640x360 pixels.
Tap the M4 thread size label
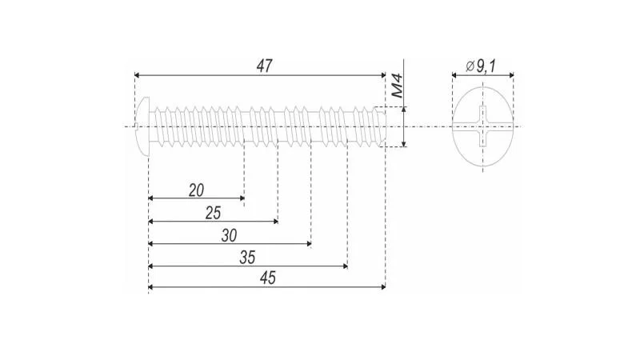click(396, 86)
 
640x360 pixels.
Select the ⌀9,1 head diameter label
click(481, 66)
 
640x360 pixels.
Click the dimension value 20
click(196, 190)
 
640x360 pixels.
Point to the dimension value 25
click(213, 213)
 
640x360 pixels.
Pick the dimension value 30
click(230, 235)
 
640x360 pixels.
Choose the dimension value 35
click(247, 258)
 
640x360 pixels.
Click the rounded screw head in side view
click(142, 126)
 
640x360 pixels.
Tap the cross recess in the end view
click(482, 126)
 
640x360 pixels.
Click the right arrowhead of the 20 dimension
click(242, 198)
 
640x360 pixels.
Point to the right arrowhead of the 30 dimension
click(309, 243)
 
